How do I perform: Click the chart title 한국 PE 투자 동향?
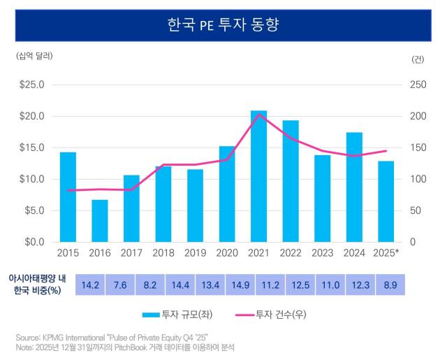(x=223, y=27)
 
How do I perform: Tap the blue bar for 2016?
(x=100, y=221)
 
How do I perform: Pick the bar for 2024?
(x=354, y=187)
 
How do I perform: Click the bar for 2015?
(x=68, y=197)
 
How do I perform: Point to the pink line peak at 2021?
(x=258, y=114)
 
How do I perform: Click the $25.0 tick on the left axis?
(x=31, y=85)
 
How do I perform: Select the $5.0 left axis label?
(x=31, y=210)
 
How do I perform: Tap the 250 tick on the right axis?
(x=418, y=85)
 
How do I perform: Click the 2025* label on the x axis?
(x=386, y=252)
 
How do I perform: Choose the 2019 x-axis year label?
(x=195, y=252)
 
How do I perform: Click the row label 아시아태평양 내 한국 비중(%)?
(x=36, y=285)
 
